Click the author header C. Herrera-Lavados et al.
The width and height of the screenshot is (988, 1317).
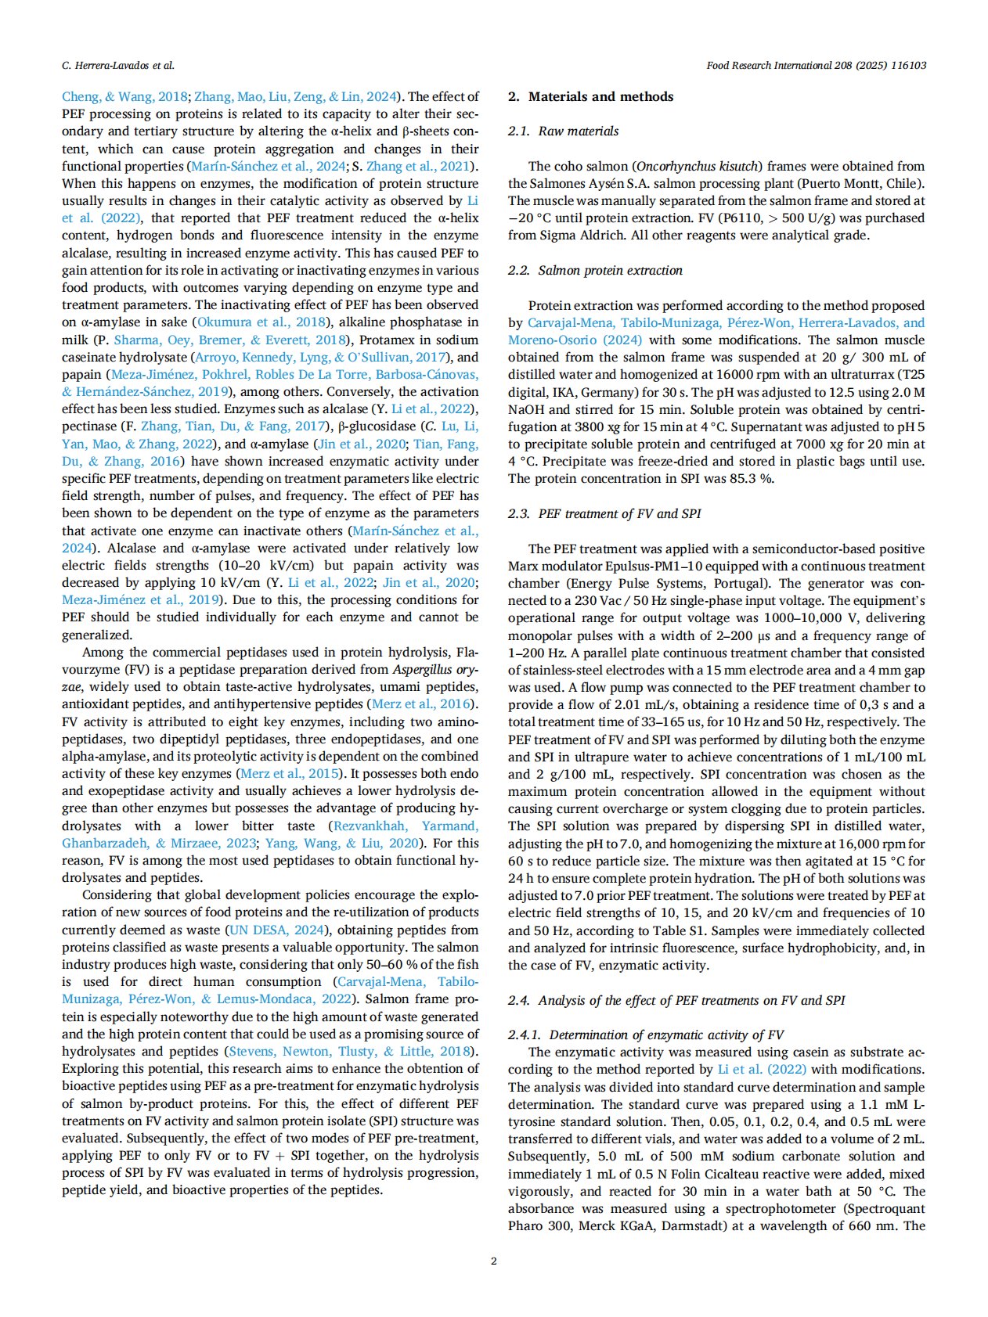pos(118,66)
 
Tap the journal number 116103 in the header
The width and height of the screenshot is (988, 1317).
pos(907,66)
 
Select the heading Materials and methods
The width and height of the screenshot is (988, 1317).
pos(600,97)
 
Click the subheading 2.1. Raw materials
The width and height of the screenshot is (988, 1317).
pos(563,131)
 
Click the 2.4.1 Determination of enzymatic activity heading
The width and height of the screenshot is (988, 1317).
pos(646,1035)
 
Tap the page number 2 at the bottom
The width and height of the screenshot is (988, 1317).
pos(493,1261)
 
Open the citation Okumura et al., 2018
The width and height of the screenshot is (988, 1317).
pos(262,322)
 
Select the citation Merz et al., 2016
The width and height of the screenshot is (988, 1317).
pos(422,705)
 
